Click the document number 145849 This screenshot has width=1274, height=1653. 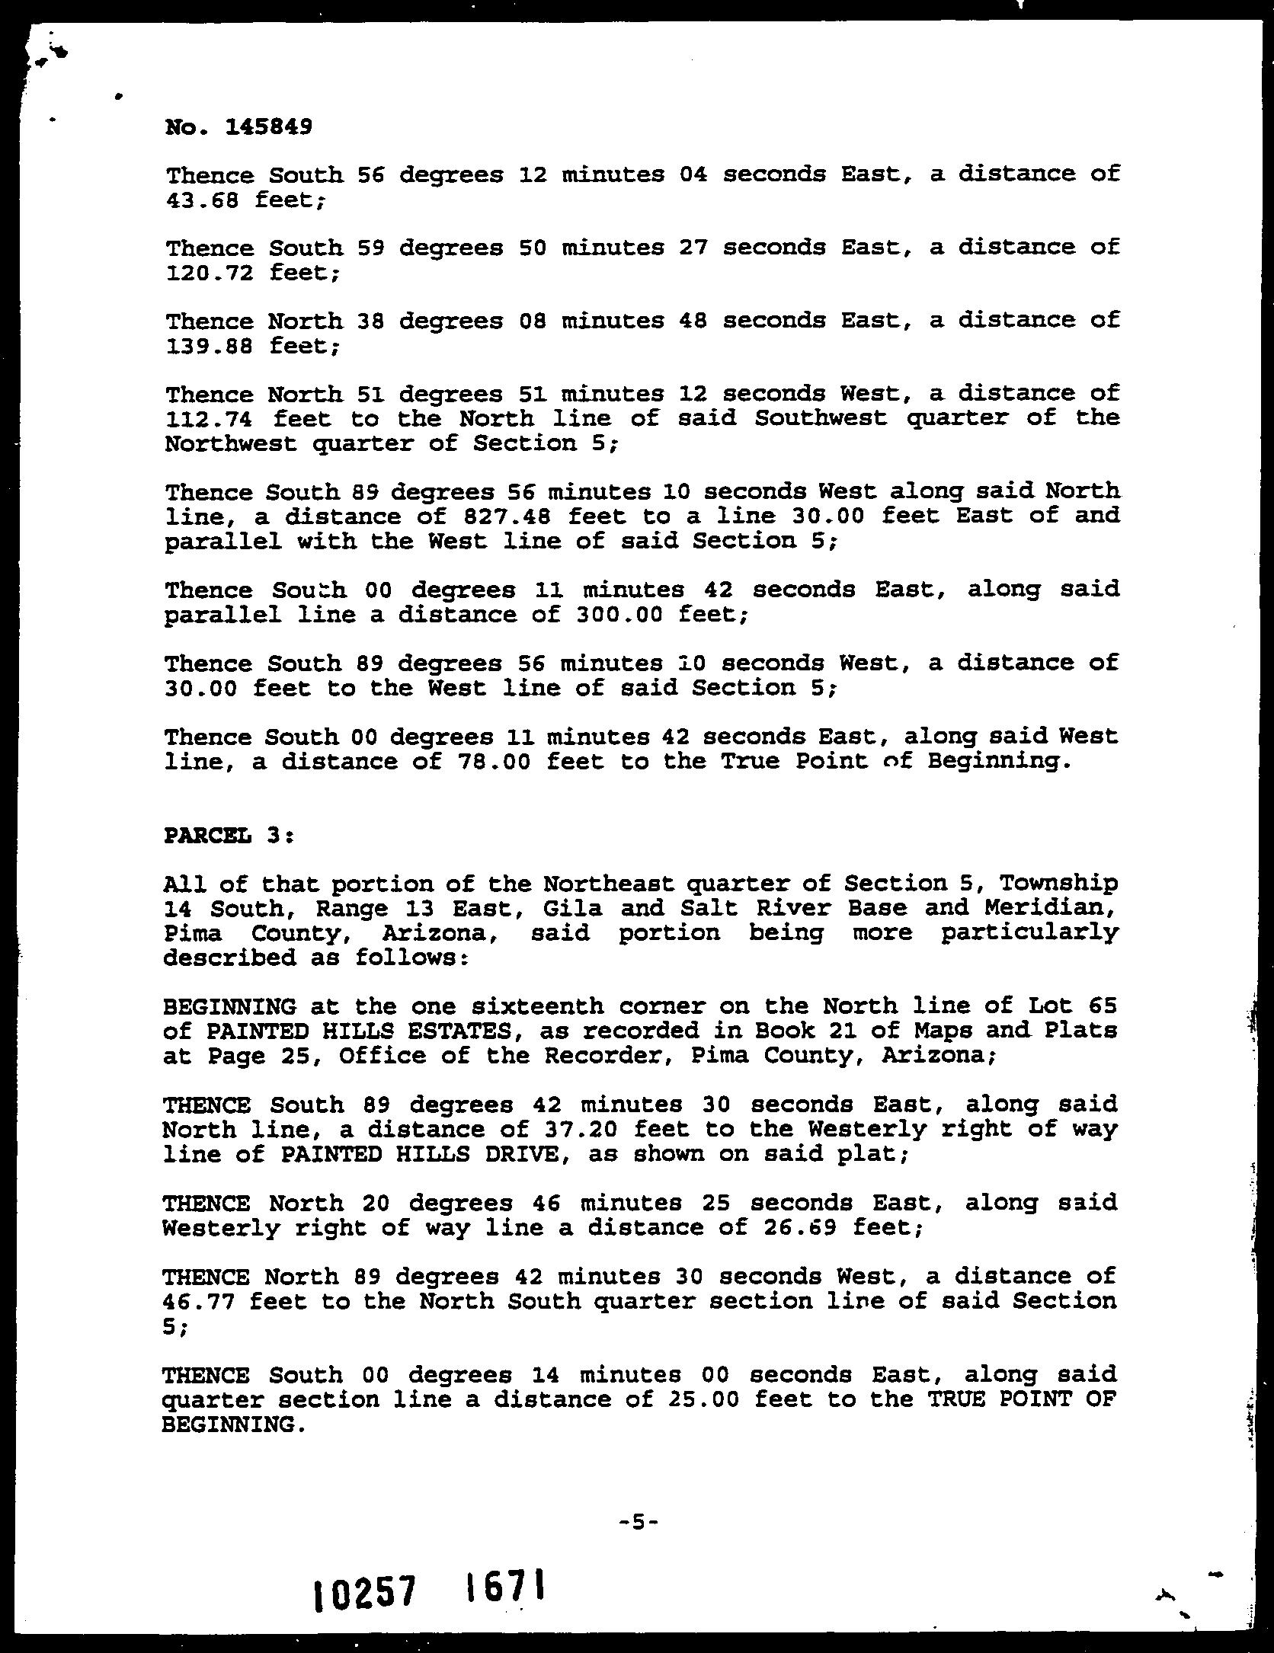(x=268, y=127)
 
